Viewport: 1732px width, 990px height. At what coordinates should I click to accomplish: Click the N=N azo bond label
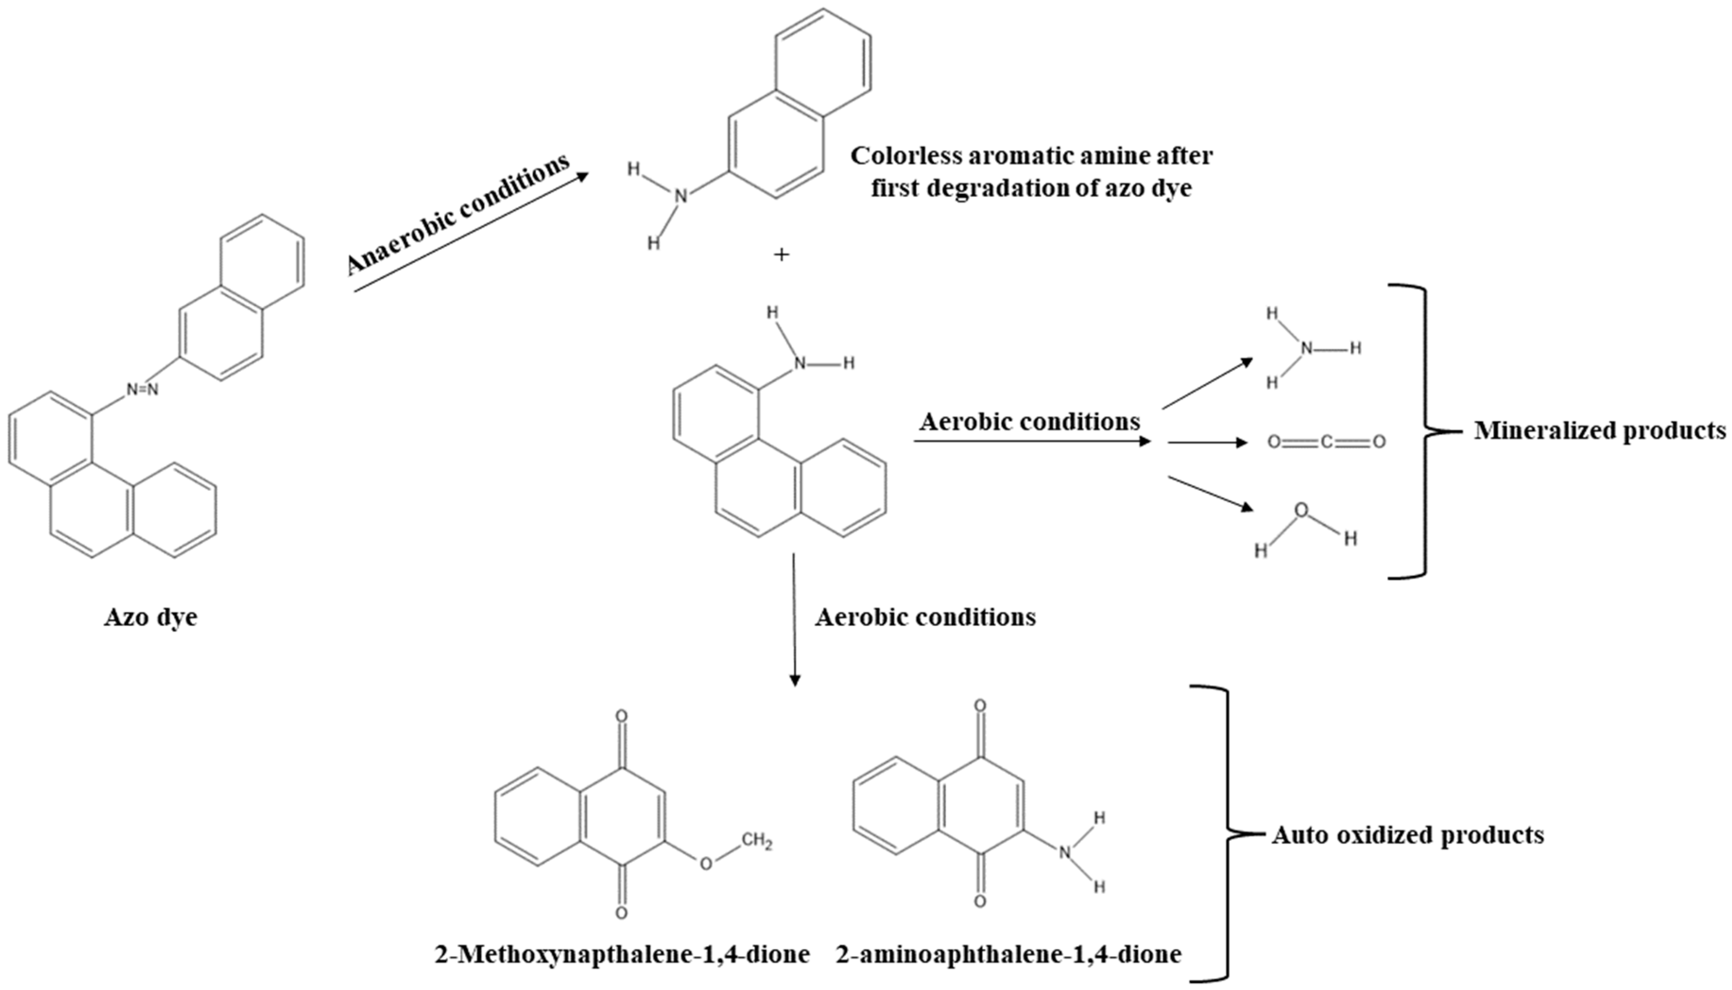(143, 390)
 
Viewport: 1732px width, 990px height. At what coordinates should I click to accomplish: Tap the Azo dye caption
(151, 617)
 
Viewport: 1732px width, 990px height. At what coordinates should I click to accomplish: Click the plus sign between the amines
(781, 255)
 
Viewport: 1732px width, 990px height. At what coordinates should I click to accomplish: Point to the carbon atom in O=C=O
(1326, 443)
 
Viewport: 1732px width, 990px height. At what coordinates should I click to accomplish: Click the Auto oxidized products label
(1407, 834)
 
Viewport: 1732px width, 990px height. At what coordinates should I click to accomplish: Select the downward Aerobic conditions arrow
(794, 619)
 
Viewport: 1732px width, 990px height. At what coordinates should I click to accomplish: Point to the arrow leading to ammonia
(1207, 384)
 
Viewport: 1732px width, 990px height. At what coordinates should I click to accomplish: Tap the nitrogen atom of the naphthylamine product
(681, 197)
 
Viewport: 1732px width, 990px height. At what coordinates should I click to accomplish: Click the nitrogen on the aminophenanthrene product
(800, 364)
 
